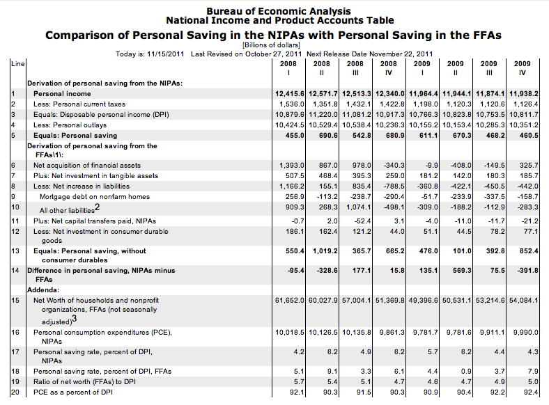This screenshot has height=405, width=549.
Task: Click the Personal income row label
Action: point(62,93)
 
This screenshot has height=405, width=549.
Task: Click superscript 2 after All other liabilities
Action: point(97,207)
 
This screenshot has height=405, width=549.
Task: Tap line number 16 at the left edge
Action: point(14,333)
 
